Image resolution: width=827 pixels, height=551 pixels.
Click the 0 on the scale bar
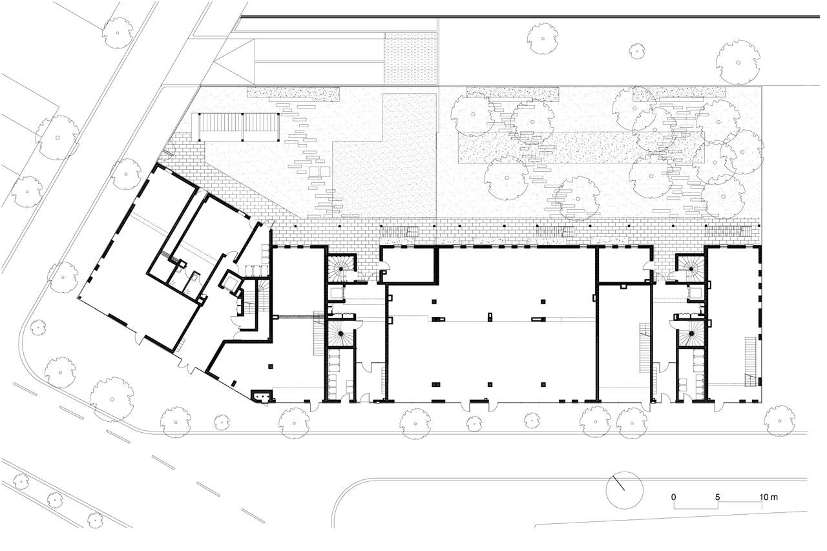pos(674,497)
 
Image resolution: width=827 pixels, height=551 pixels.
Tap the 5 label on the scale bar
pos(717,497)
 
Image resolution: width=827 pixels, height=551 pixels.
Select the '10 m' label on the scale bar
pos(769,497)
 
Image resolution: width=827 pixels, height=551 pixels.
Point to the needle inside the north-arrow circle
pos(619,483)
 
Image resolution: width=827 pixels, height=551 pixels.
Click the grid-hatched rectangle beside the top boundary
pos(410,58)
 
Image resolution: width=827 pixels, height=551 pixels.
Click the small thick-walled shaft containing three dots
pos(262,396)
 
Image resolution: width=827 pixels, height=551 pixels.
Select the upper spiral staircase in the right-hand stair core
pos(691,268)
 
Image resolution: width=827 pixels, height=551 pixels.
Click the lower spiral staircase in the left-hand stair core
pos(340,333)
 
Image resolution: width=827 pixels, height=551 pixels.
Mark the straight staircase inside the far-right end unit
pos(750,362)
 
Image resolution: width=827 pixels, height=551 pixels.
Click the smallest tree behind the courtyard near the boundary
pos(637,51)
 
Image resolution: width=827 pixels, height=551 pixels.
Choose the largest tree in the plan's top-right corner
pos(738,63)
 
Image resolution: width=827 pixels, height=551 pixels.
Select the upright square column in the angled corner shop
pos(271,366)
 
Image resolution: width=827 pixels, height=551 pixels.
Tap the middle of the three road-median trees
pos(55,500)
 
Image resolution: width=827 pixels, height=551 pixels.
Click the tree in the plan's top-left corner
pos(118,33)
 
